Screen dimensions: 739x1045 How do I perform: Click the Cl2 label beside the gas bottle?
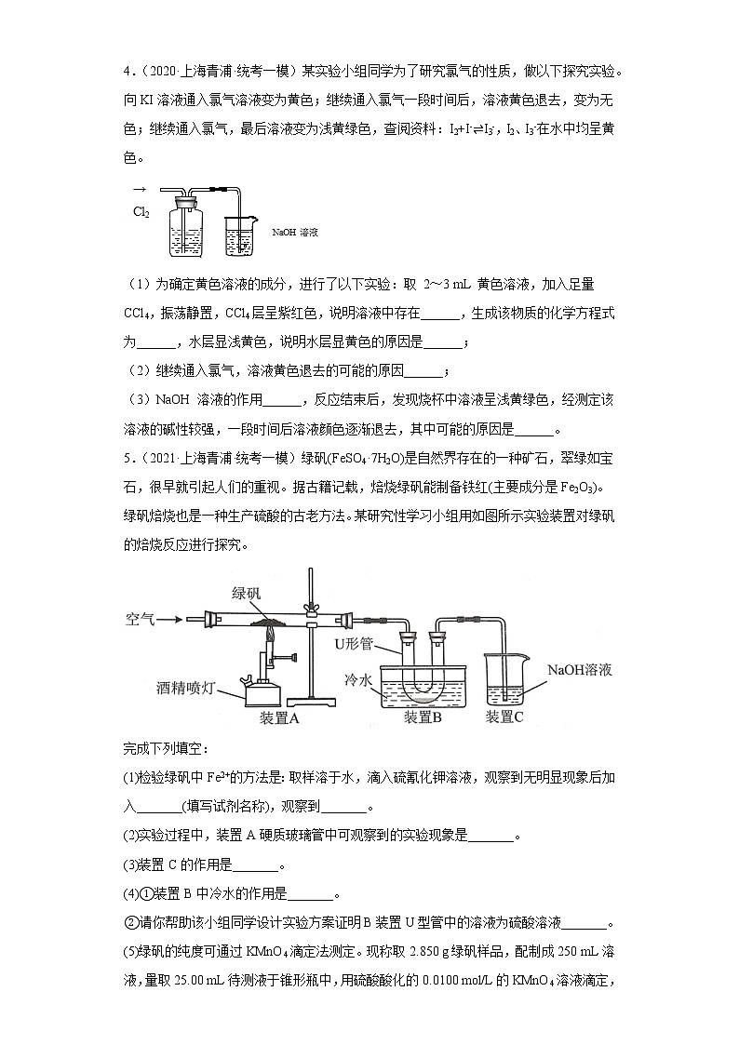[141, 211]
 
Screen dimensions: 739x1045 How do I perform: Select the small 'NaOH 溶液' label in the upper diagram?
[294, 232]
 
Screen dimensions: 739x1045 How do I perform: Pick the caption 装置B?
[423, 717]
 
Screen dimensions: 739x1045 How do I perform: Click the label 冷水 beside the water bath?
[357, 680]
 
